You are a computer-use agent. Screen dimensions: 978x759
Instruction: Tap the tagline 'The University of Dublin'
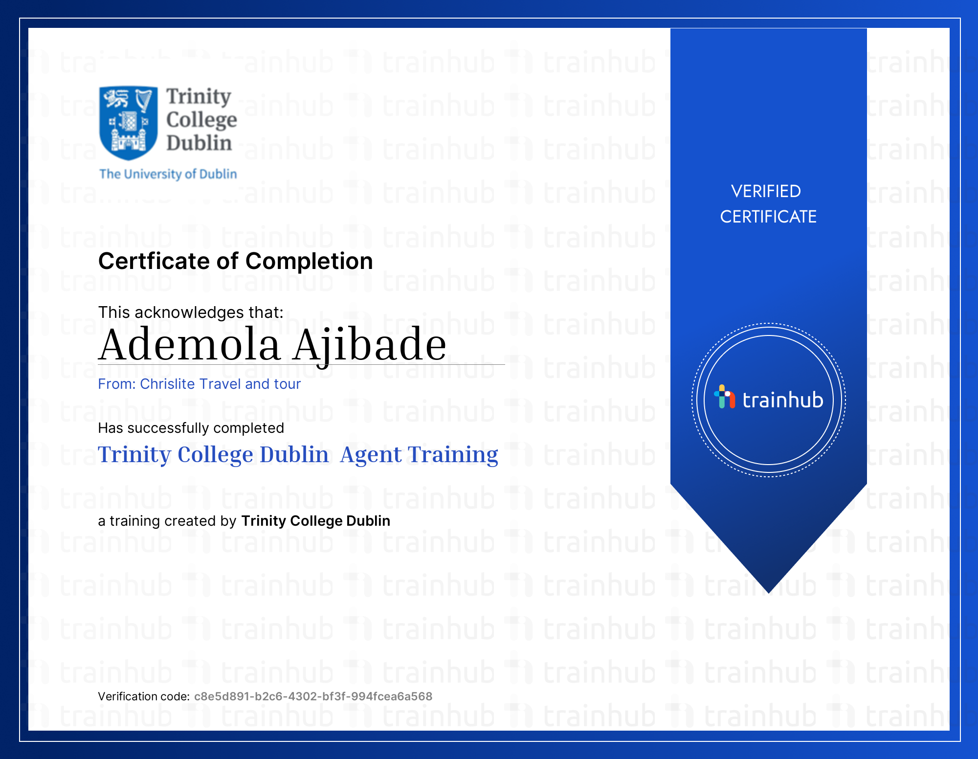coord(168,174)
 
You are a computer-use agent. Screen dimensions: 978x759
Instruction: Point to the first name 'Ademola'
coord(190,345)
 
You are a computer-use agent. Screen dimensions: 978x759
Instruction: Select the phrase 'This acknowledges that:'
coord(191,313)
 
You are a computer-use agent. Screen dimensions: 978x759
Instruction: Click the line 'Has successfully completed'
coord(191,428)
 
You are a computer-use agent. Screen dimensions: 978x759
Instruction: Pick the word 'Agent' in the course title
coord(371,455)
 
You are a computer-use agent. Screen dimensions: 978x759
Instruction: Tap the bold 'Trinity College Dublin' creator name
coord(315,521)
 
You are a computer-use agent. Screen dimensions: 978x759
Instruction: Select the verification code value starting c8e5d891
coord(313,696)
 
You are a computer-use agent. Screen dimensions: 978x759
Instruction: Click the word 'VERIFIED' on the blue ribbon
coord(766,191)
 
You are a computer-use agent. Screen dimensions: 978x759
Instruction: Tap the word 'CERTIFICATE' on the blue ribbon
coord(768,217)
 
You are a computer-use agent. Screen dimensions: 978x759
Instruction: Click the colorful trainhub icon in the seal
coord(725,397)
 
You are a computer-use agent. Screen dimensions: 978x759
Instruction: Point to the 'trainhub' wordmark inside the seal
coord(783,400)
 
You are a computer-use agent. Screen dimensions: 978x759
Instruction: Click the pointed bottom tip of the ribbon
coord(769,593)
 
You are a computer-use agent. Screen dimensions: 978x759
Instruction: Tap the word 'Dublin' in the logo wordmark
coord(199,143)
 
